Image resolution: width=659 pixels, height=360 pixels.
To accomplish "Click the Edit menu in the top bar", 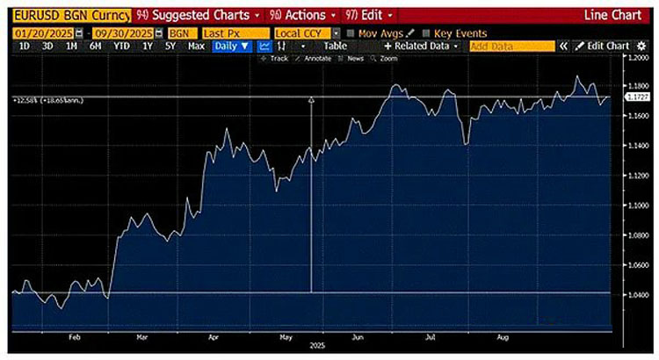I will [x=367, y=15].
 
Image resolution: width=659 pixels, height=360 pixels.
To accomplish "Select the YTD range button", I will [x=121, y=46].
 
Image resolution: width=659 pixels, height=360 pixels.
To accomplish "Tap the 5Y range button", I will [x=171, y=46].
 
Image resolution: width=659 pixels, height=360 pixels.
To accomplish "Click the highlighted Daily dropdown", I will [x=232, y=46].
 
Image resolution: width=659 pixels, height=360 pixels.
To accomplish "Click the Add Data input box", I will [x=511, y=46].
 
